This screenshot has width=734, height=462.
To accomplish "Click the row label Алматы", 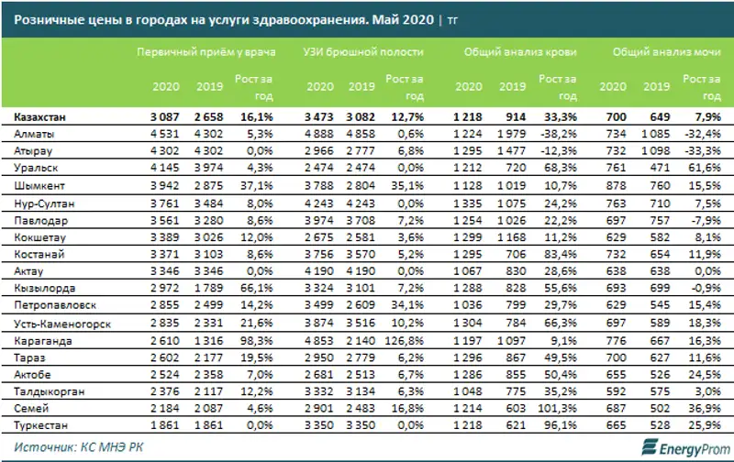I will click(34, 134).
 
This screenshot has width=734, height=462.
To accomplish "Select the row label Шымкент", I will click(39, 183).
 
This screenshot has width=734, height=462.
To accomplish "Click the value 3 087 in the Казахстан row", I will click(168, 117).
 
